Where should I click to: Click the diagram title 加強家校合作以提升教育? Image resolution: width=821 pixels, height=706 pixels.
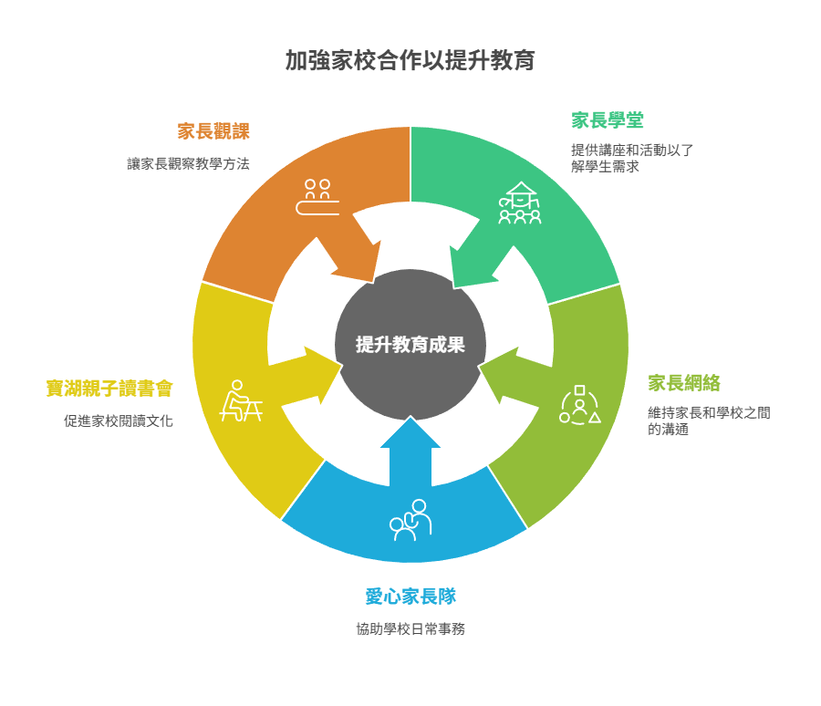pyautogui.click(x=410, y=61)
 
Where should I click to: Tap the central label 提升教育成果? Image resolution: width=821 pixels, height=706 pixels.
pyautogui.click(x=410, y=345)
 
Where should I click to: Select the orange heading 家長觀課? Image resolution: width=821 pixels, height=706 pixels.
pyautogui.click(x=213, y=130)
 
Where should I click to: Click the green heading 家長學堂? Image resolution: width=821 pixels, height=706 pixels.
pyautogui.click(x=608, y=120)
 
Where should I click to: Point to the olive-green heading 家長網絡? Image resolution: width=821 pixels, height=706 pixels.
pyautogui.click(x=684, y=383)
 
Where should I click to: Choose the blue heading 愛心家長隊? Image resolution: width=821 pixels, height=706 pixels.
pyautogui.click(x=410, y=597)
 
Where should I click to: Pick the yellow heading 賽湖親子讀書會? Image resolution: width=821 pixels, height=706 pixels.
pyautogui.click(x=109, y=389)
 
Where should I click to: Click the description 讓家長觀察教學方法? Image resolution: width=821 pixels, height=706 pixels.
pyautogui.click(x=188, y=164)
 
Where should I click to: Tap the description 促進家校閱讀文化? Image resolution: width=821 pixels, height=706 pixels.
pyautogui.click(x=119, y=421)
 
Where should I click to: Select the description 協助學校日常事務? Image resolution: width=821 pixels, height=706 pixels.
pyautogui.click(x=410, y=629)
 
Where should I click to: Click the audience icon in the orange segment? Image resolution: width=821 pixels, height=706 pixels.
pyautogui.click(x=317, y=197)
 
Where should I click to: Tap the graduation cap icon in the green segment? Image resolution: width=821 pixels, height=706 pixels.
pyautogui.click(x=520, y=202)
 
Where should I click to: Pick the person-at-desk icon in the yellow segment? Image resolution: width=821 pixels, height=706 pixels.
pyautogui.click(x=240, y=401)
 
